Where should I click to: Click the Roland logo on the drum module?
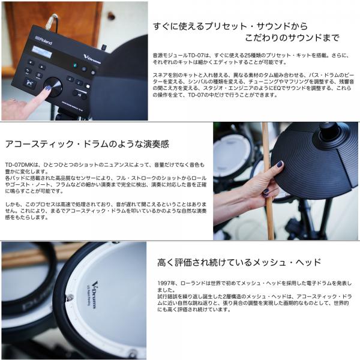click(44, 40)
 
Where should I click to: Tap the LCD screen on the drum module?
click(42, 52)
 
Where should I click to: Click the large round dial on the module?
click(53, 87)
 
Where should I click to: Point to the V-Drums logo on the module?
click(92, 59)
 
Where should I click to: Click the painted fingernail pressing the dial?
click(48, 88)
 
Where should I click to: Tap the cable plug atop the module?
click(52, 22)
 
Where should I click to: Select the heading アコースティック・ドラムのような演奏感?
click(87, 144)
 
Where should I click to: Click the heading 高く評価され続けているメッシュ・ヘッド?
click(239, 262)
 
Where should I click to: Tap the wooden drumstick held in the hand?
click(268, 181)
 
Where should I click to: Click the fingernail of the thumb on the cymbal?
click(280, 164)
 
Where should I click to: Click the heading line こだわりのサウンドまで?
click(292, 38)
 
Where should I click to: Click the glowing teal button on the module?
click(75, 65)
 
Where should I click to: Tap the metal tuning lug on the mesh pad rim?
click(70, 298)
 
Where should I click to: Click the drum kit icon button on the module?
click(29, 83)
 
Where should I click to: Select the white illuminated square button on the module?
click(88, 86)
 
